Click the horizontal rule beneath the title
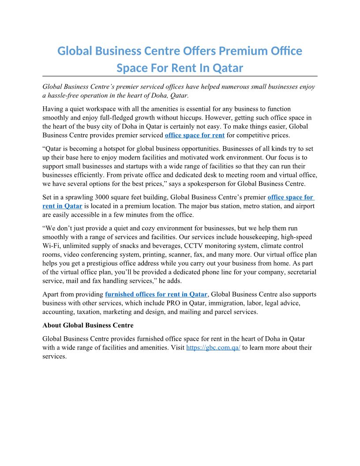point(180,76)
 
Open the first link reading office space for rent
point(195,135)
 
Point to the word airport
point(304,206)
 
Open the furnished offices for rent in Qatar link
point(156,294)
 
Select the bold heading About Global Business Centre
point(88,325)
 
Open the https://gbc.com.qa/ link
point(213,347)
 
